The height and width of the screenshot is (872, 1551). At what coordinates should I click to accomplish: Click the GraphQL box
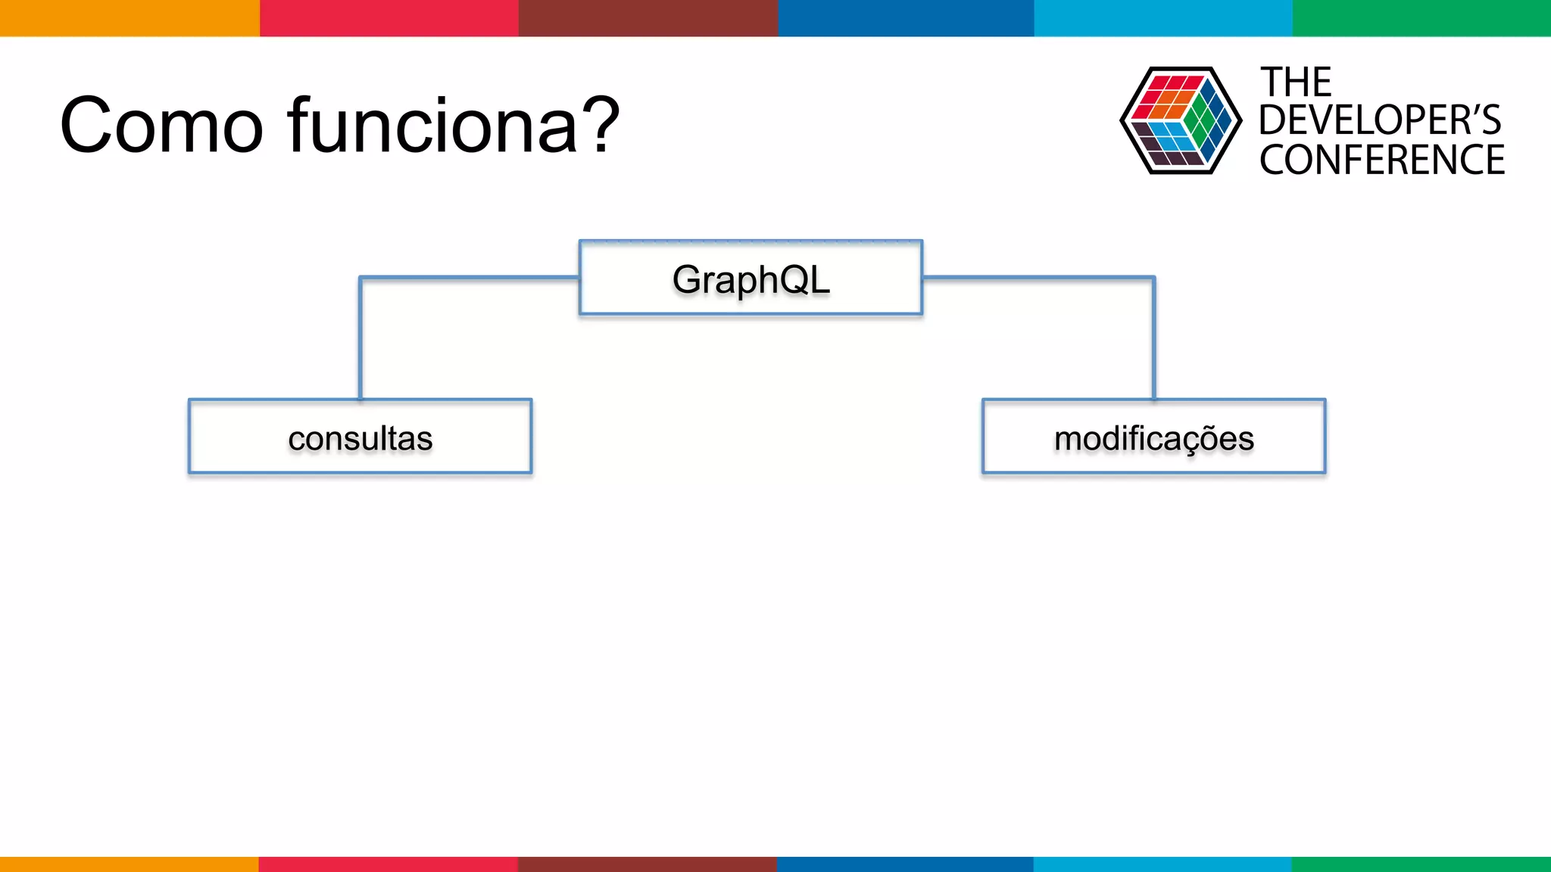751,278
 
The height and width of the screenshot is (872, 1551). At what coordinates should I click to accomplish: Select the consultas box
360,437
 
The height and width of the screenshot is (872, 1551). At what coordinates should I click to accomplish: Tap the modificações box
1153,437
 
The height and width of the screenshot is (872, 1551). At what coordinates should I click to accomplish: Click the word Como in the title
161,125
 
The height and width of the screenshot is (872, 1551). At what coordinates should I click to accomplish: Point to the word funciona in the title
432,125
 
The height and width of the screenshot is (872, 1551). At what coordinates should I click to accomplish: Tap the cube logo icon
1180,120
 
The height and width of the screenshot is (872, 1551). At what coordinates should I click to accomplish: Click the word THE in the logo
1295,82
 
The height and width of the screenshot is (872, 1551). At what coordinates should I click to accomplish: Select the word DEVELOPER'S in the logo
1380,120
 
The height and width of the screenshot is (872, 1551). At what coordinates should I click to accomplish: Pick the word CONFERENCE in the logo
1382,160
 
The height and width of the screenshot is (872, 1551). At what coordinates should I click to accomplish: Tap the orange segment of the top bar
129,17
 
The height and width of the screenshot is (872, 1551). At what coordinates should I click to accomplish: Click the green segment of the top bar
1421,17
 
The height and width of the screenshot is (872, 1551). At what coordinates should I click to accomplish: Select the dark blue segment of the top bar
906,17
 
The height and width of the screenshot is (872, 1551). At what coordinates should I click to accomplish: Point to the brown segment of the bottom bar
648,864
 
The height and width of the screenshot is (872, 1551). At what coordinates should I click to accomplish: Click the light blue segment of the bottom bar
1162,864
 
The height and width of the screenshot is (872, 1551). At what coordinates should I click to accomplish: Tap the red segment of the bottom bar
388,864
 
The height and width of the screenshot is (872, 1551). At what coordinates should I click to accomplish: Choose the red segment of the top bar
389,17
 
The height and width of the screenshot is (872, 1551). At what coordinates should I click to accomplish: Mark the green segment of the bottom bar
1421,864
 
